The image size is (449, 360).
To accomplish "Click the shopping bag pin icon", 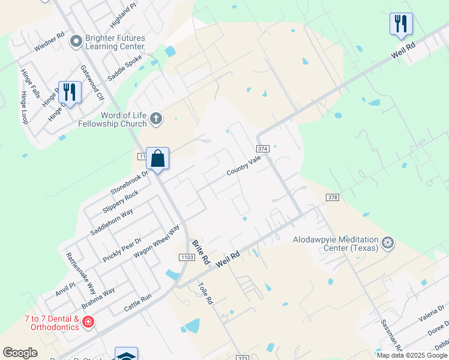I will (157, 159).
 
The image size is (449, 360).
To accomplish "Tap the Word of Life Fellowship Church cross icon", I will (155, 118).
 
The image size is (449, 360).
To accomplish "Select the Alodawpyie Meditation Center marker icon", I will (388, 243).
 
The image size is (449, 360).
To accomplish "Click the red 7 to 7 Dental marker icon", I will (88, 322).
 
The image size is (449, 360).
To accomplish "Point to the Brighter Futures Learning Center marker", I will (76, 41).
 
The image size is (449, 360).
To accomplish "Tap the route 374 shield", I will (262, 148).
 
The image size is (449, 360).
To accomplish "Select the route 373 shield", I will (243, 358).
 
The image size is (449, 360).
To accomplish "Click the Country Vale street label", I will (244, 165).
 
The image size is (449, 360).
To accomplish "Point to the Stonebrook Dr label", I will (128, 182).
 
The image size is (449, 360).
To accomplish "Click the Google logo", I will (20, 353).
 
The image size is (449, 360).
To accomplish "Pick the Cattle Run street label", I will (138, 303).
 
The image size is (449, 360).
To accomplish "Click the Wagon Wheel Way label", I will (157, 241).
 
